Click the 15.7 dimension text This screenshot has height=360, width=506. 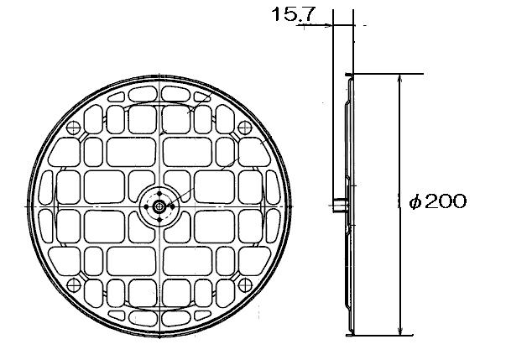[293, 14]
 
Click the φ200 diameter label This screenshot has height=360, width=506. [438, 201]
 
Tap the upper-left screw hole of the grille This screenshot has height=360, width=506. [73, 128]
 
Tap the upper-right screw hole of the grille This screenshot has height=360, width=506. [245, 128]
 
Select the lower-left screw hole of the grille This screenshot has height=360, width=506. [74, 285]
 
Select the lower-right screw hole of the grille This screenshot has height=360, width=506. [245, 285]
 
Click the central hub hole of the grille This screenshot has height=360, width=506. [159, 206]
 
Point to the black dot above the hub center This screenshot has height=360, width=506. [159, 193]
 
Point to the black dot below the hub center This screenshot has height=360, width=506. [159, 220]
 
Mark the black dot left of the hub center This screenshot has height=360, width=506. [146, 206]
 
